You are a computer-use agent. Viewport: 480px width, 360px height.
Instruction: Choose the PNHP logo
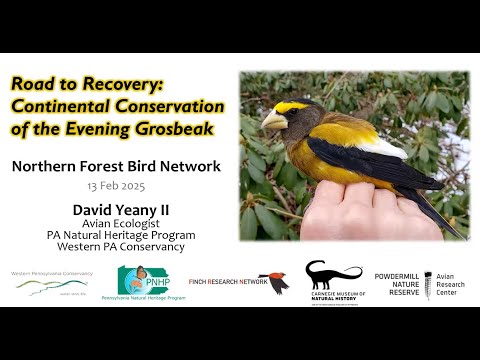pos(150,281)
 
